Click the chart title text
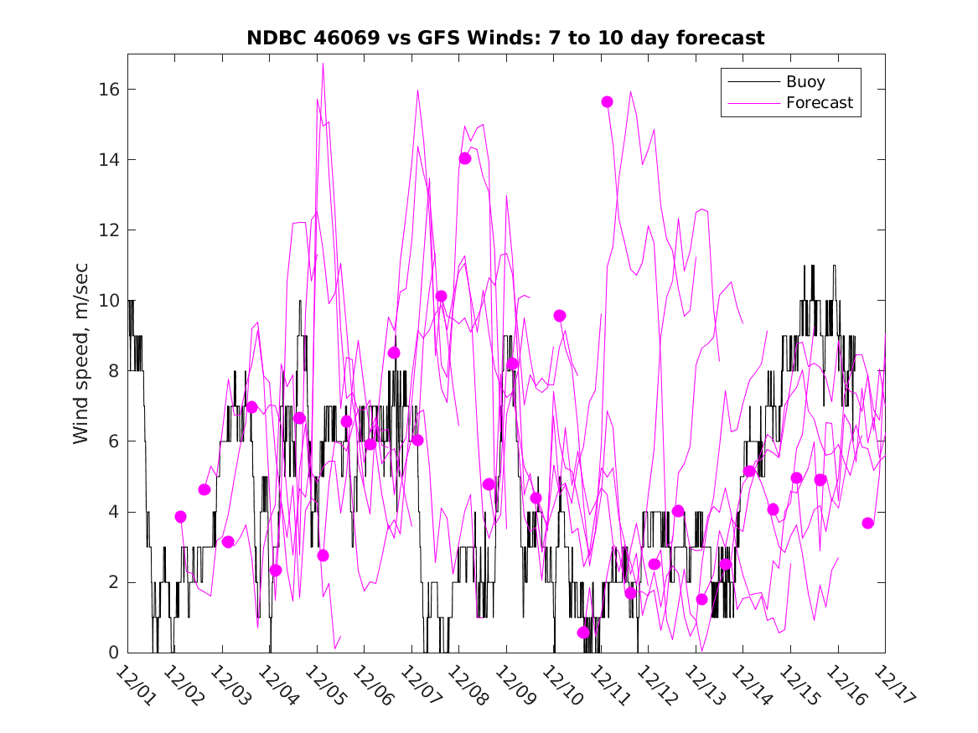tap(505, 38)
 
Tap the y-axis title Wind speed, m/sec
tap(81, 353)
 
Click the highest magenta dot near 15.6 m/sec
tap(607, 101)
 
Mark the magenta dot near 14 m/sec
tap(465, 158)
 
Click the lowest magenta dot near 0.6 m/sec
tap(583, 632)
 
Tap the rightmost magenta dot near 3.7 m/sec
tap(868, 523)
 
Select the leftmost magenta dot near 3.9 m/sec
tap(180, 517)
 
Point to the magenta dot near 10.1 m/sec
tap(442, 296)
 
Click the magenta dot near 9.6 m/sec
tap(560, 315)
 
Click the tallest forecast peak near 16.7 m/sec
tap(323, 64)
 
